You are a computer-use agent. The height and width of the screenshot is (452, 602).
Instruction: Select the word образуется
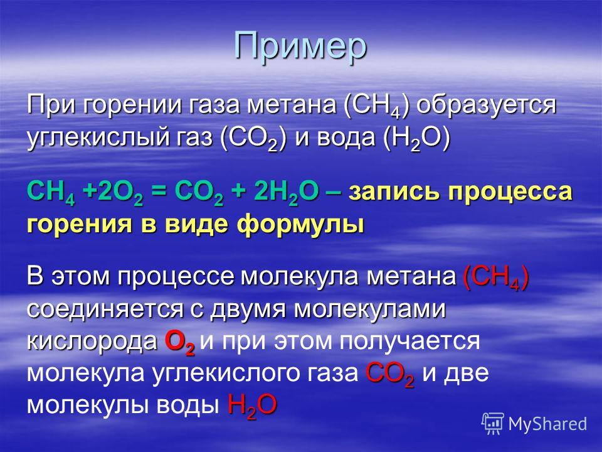pyautogui.click(x=486, y=105)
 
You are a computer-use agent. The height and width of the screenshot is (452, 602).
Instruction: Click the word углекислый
pyautogui.click(x=98, y=138)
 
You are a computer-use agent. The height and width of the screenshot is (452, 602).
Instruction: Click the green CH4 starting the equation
pyautogui.click(x=51, y=192)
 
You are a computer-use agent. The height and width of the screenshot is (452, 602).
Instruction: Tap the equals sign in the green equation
pyautogui.click(x=159, y=192)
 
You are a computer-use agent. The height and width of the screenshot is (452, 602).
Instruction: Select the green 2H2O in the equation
pyautogui.click(x=286, y=192)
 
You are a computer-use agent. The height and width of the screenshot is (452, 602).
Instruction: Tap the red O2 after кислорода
pyautogui.click(x=180, y=343)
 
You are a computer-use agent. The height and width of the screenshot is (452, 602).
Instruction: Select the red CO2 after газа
pyautogui.click(x=389, y=374)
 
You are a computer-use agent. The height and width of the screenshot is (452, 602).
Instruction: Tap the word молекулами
pyautogui.click(x=370, y=309)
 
